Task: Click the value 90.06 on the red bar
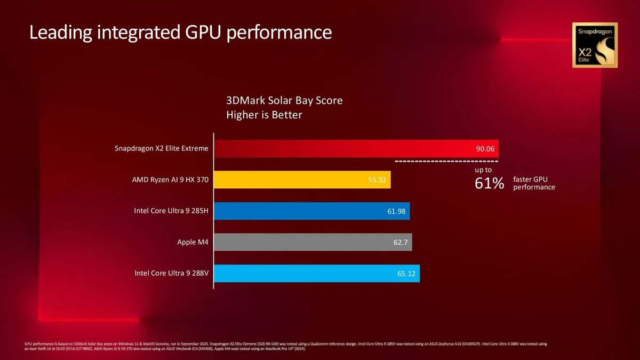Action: coord(485,148)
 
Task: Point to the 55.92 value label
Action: coord(377,180)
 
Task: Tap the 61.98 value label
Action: coord(396,211)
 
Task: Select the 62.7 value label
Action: coord(401,243)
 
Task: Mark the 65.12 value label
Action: coord(406,274)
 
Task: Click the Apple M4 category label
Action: coord(193,243)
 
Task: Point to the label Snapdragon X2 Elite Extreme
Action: coord(161,148)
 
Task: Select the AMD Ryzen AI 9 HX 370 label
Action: coord(170,180)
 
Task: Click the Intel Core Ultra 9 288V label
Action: coord(171,274)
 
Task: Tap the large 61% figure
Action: coord(489,183)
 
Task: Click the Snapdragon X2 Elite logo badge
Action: coord(595,45)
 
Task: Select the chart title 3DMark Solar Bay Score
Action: coord(284,100)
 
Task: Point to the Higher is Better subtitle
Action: coord(264,115)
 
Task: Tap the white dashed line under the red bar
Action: coord(446,161)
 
